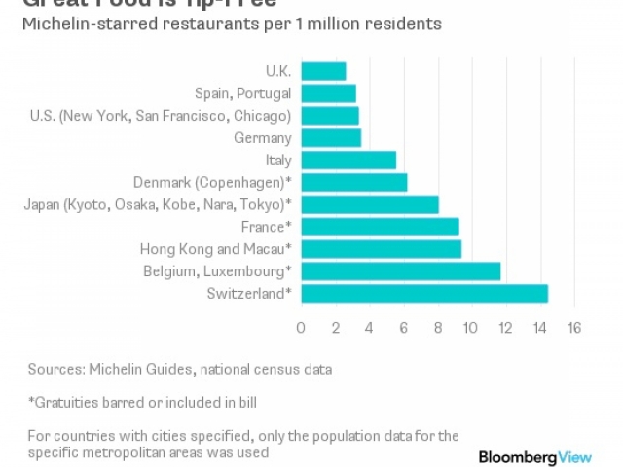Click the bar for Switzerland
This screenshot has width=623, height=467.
tap(424, 294)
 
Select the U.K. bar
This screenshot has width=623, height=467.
tap(323, 71)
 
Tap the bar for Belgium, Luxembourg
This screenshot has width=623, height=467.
tap(400, 271)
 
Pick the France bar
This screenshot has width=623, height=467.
tap(380, 227)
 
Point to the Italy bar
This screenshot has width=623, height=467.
tap(348, 160)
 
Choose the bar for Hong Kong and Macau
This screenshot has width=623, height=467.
tap(381, 249)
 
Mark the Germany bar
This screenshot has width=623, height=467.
tap(331, 138)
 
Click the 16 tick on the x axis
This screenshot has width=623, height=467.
tap(573, 327)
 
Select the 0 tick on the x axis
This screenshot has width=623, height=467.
tap(301, 327)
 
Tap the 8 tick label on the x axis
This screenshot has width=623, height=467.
tap(437, 327)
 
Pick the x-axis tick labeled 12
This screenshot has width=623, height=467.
tap(505, 327)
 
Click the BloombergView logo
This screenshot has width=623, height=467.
tap(539, 457)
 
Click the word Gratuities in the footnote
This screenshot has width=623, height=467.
tap(69, 402)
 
